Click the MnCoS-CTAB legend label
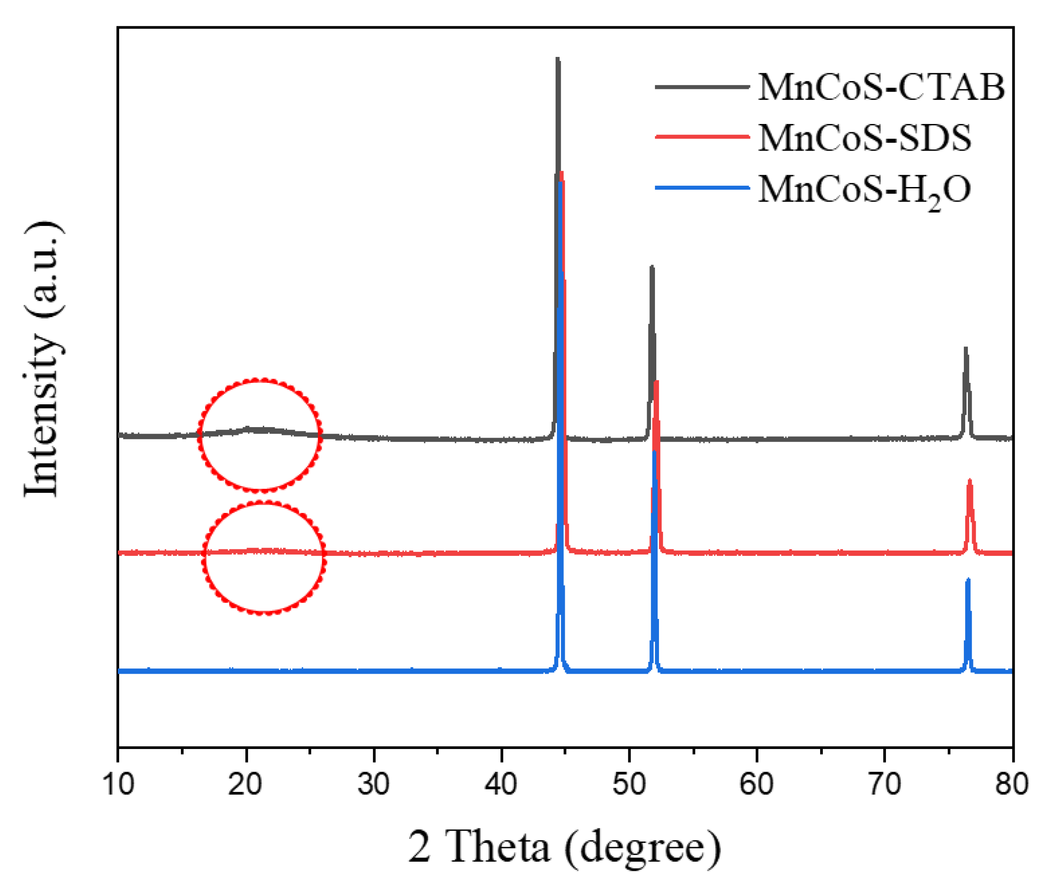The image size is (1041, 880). point(881,88)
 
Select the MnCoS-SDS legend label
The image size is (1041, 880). point(864,138)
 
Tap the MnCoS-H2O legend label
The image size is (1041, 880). point(864,191)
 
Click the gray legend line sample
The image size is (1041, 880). point(702,87)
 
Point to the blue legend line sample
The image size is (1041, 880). point(702,188)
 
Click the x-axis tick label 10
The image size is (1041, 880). point(118,784)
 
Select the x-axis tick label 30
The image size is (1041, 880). point(373,784)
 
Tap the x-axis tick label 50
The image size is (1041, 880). point(629,784)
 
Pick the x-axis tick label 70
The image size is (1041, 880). point(884,784)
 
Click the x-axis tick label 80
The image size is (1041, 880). point(1011,784)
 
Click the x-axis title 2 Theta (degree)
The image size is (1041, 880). point(564,847)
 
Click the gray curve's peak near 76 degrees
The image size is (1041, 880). point(966,349)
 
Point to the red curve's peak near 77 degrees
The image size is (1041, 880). point(970,481)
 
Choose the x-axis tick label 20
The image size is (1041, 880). point(245,784)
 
